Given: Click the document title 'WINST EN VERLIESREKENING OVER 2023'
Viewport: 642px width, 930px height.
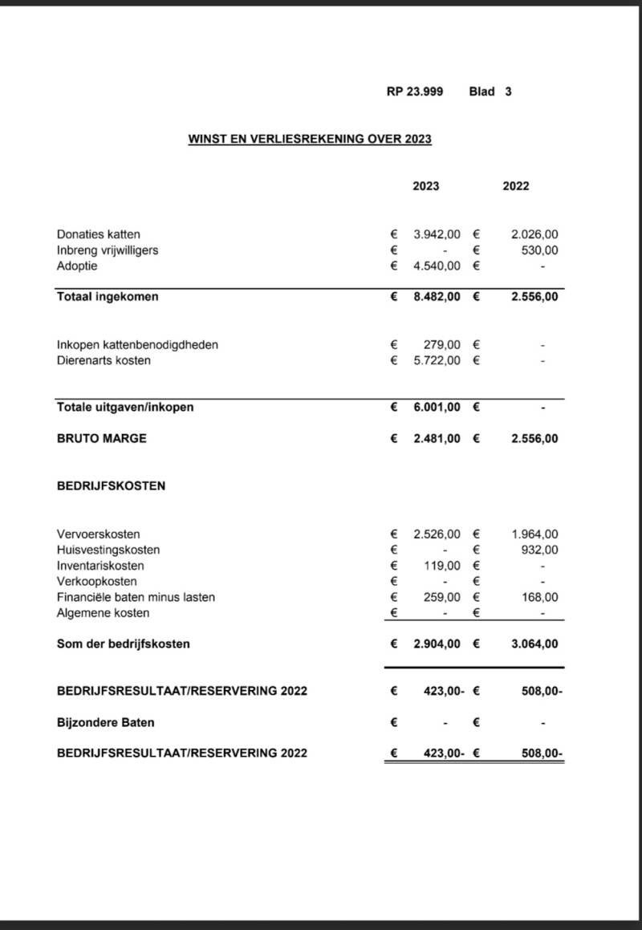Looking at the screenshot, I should (x=310, y=139).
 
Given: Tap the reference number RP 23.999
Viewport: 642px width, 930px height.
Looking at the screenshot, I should (x=414, y=91).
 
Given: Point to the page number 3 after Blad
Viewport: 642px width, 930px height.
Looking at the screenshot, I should (x=508, y=91).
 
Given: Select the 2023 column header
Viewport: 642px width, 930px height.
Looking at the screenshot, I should (x=426, y=186).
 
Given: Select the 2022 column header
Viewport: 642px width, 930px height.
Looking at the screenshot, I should (x=516, y=186).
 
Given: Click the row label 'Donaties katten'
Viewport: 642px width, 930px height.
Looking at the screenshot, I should (x=99, y=234).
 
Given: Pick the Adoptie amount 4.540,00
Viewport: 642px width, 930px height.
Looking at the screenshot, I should (x=437, y=266).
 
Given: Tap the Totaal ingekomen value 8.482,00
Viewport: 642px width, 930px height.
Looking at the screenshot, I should (x=437, y=297).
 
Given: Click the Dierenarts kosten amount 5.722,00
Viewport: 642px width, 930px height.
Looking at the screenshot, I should (x=437, y=360).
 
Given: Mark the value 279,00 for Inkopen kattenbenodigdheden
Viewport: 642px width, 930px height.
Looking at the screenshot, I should (x=442, y=345).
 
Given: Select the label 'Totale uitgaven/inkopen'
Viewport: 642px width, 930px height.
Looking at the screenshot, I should (x=125, y=407).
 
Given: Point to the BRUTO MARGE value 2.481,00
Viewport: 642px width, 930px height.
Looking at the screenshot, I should (x=437, y=439).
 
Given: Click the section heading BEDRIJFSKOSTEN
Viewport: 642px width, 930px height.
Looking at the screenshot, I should (x=112, y=486).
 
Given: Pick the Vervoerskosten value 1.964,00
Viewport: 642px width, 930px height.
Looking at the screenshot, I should (x=534, y=534).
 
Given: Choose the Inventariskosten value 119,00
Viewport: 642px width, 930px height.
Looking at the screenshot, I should (x=442, y=566).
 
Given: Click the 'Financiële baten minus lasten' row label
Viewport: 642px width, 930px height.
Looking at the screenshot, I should (x=136, y=597).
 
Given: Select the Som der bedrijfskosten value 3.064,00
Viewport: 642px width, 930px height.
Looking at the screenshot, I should (x=534, y=644).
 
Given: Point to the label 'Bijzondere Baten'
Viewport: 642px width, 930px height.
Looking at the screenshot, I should (x=106, y=722).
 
